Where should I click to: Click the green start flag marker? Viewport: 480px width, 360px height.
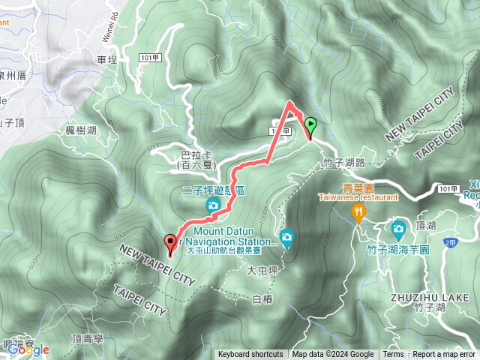pos(310,127)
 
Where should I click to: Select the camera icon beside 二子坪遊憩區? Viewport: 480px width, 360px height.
pos(213,205)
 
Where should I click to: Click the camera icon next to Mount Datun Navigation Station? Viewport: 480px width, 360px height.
pos(286,238)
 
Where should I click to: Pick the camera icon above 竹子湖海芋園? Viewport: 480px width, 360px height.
pos(398,227)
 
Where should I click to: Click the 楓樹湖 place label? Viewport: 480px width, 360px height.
pos(81,130)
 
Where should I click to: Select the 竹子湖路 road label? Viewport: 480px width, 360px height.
pos(344,162)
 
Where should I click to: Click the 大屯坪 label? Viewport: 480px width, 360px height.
pos(262,271)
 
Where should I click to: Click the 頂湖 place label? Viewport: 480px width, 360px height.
pos(425,224)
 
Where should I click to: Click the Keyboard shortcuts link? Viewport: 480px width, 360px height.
pos(250,355)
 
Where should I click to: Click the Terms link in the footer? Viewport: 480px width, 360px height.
pos(393,355)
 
